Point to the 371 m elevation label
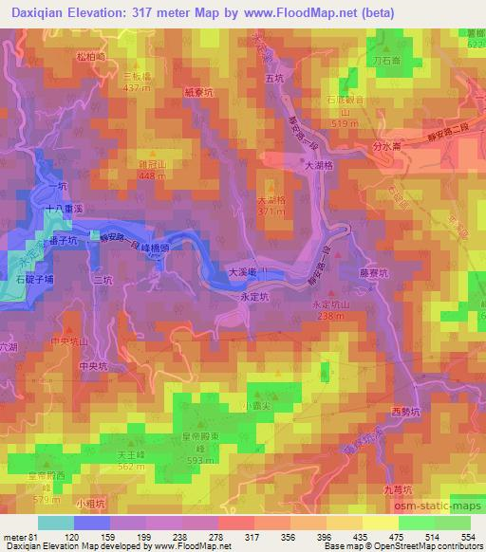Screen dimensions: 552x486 pos(270,212)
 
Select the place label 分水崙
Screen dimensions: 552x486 pos(390,148)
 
